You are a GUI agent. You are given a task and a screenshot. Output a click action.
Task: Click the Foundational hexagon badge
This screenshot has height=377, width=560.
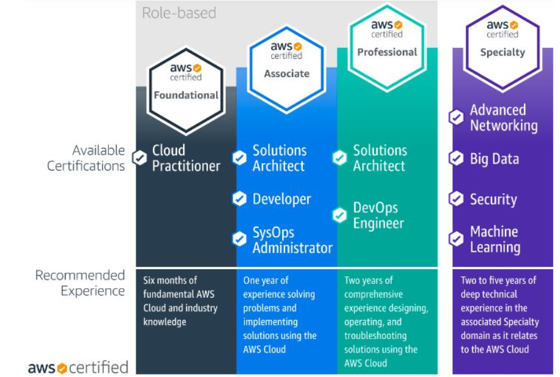[185, 90]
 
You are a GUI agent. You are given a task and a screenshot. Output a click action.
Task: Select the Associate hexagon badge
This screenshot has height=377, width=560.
[286, 69]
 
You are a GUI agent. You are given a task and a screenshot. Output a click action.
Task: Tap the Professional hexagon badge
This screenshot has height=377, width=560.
[387, 47]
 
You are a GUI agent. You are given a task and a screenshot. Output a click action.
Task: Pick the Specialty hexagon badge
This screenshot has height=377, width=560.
[502, 47]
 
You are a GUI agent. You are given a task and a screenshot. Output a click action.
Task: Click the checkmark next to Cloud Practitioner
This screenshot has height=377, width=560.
[140, 158]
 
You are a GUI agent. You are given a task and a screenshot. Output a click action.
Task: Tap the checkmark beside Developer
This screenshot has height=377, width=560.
[239, 199]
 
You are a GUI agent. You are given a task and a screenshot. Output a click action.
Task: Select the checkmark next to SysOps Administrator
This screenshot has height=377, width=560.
[239, 239]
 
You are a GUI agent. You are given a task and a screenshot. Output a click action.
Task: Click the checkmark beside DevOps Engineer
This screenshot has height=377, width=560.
[340, 215]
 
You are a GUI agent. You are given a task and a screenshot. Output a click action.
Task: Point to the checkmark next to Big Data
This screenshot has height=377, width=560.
[457, 158]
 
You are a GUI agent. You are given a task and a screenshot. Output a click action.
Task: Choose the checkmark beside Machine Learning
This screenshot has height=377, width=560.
[457, 239]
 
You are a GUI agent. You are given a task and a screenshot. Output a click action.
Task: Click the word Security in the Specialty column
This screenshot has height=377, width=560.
[493, 200]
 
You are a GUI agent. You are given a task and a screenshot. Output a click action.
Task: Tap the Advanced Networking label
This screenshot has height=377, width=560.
[504, 118]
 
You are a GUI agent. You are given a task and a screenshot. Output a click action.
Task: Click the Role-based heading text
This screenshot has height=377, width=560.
[179, 13]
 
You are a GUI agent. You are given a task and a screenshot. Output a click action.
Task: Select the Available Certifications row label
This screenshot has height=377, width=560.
[86, 158]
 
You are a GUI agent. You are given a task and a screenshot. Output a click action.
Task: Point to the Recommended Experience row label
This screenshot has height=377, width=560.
[80, 283]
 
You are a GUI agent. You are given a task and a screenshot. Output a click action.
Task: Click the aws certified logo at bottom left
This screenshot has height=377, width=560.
[78, 367]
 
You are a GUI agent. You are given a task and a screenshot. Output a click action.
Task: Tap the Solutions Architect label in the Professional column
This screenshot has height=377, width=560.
[380, 158]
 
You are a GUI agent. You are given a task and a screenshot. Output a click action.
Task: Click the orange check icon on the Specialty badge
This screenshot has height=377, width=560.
[513, 25]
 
